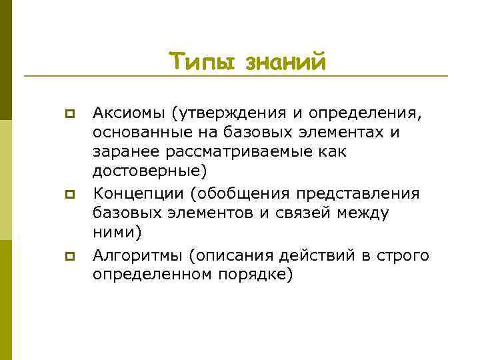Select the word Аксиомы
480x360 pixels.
click(127, 113)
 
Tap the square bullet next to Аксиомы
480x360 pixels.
click(68, 113)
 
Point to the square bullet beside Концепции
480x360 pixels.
click(68, 195)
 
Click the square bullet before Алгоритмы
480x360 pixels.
click(68, 255)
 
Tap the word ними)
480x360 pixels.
click(117, 233)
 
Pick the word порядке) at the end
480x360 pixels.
click(256, 274)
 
